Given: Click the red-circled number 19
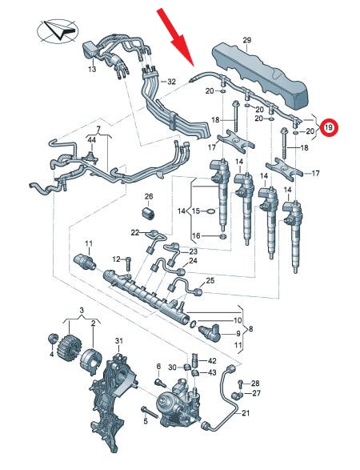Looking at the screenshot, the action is [x=329, y=127].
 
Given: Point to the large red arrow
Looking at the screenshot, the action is [x=176, y=37].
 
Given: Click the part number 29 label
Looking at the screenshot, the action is [x=247, y=40].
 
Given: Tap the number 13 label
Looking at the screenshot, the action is [x=92, y=69].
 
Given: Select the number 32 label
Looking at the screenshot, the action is [x=171, y=81].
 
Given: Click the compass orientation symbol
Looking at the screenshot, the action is [x=58, y=31].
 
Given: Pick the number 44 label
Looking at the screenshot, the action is [x=91, y=139].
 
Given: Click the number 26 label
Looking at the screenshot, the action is [x=149, y=196].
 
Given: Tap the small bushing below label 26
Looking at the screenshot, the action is [x=148, y=213].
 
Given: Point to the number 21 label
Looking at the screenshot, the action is [x=246, y=413].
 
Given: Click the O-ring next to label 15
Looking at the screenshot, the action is [x=211, y=211].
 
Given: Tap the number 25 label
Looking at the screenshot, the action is [x=210, y=281].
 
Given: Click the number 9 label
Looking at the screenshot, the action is [x=238, y=333].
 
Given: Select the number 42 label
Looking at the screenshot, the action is [x=212, y=360].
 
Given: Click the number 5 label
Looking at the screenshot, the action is [x=146, y=421].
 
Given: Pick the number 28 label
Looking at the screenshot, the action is [x=255, y=383].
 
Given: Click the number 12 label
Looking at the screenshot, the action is [x=116, y=259].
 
